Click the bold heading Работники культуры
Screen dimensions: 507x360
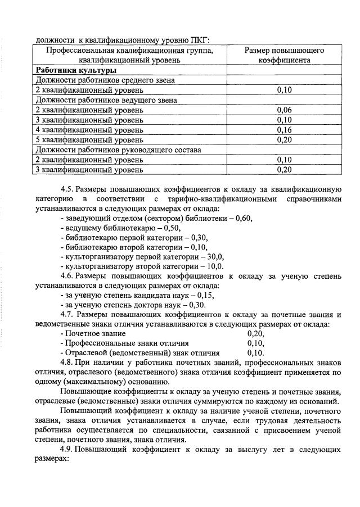[76, 71]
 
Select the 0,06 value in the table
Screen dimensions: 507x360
[284, 110]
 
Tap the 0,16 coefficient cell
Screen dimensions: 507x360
[284, 130]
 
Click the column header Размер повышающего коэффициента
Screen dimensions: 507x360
[284, 55]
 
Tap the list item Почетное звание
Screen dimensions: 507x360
[94, 333]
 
